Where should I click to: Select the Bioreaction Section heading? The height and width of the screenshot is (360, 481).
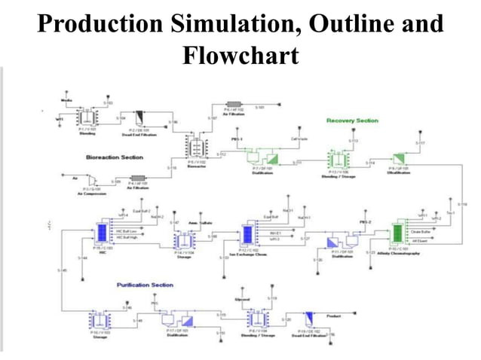tap(115, 157)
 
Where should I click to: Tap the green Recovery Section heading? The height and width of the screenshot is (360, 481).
tap(352, 121)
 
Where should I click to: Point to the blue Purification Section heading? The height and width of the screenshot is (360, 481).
tap(145, 285)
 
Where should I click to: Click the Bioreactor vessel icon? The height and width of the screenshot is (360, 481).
tap(198, 147)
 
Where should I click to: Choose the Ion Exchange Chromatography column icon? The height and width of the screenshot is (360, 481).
tap(248, 234)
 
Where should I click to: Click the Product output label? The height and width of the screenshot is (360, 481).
tap(311, 316)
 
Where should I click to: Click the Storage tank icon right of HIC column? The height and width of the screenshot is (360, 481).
tap(185, 240)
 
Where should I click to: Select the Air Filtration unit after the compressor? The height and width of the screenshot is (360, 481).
tap(137, 182)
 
